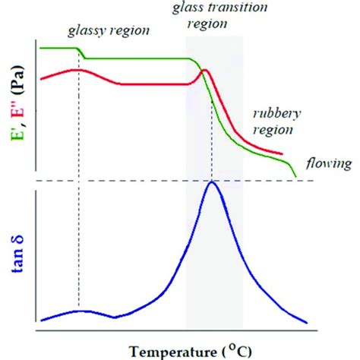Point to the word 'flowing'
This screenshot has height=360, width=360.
click(327, 163)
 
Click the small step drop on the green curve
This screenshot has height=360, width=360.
click(84, 55)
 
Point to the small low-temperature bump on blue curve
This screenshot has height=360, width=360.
click(81, 311)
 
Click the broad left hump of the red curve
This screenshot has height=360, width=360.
click(76, 70)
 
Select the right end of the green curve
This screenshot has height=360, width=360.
click(295, 177)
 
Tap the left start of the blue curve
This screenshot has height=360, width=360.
click(41, 319)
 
